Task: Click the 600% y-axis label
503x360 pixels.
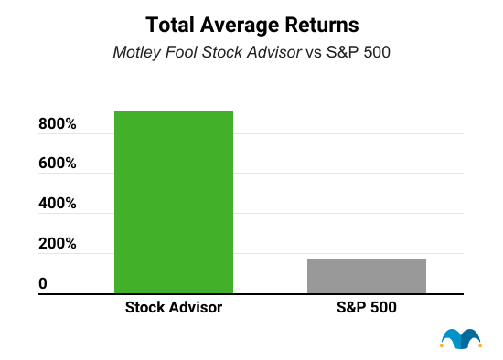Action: coord(58,164)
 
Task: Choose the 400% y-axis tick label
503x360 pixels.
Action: coord(58,205)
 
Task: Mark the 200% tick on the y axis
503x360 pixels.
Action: coord(58,245)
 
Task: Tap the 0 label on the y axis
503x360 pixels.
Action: coord(43,285)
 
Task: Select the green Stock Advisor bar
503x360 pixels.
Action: coord(174,202)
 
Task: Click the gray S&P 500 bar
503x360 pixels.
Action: coord(366,276)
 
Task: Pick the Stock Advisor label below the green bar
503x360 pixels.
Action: coord(174,309)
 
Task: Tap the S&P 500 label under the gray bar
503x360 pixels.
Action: coord(366,309)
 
